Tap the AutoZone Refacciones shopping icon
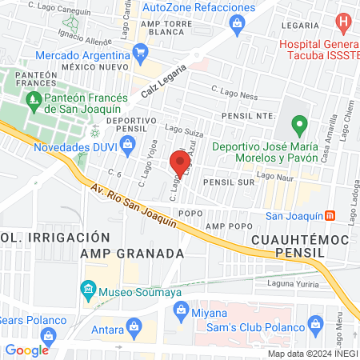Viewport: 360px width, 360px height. (238, 25)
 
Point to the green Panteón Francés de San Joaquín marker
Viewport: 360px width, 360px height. (33, 100)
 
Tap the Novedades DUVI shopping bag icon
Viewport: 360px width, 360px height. (127, 144)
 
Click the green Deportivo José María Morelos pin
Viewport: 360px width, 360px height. (299, 125)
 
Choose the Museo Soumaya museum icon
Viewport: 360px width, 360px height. (88, 288)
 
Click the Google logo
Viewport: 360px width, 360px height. (26, 350)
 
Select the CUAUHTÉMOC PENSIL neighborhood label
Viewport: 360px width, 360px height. (299, 245)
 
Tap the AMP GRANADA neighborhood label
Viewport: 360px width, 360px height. (133, 253)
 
